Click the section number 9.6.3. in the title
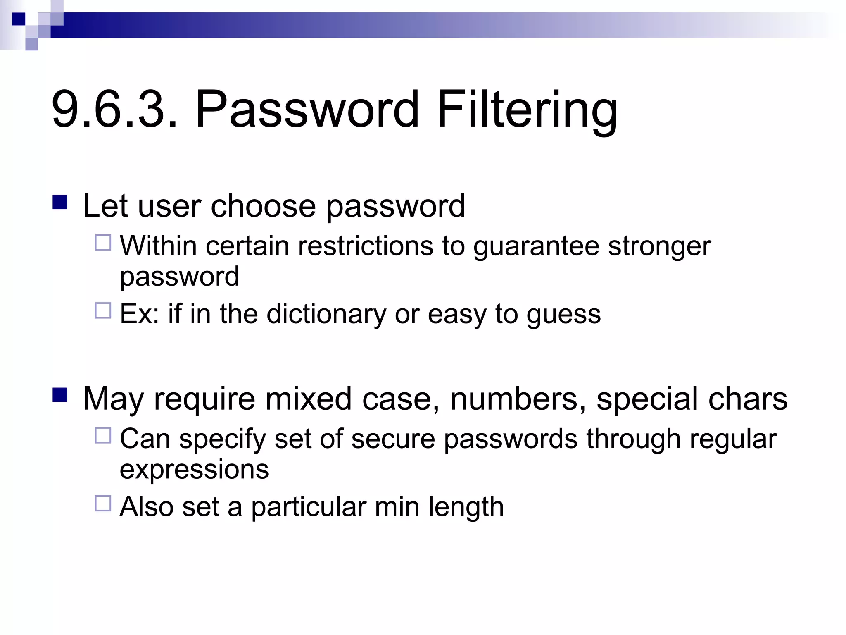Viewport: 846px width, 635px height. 115,110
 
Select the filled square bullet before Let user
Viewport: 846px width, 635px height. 60,202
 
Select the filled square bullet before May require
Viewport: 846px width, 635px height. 60,395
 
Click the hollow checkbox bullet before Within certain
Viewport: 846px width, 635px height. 103,243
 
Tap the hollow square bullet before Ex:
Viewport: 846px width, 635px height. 103,310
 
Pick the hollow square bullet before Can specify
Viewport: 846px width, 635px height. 103,435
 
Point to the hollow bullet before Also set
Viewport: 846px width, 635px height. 103,504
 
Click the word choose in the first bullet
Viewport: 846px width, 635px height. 263,206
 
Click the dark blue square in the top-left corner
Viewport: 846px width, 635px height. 19,19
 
